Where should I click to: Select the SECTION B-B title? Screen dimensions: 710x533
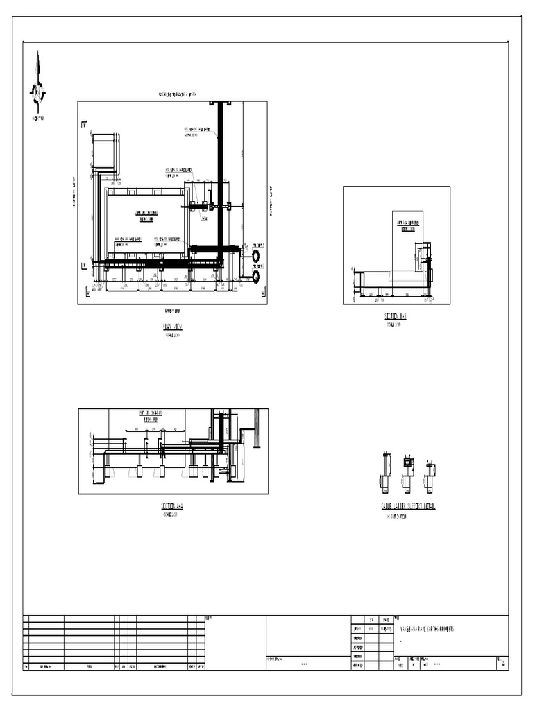click(x=396, y=316)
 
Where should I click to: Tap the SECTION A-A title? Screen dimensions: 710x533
click(x=172, y=507)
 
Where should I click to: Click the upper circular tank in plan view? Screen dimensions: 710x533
click(x=257, y=256)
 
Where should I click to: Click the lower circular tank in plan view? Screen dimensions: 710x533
click(x=257, y=277)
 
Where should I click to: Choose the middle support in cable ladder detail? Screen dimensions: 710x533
click(x=408, y=471)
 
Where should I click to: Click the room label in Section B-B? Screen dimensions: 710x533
click(x=407, y=225)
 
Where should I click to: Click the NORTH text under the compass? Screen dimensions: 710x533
click(x=37, y=119)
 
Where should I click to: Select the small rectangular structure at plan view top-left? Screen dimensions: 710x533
click(x=104, y=151)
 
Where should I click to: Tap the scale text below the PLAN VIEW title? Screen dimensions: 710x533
click(x=171, y=334)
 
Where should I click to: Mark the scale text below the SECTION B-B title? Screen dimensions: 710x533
click(x=394, y=324)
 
